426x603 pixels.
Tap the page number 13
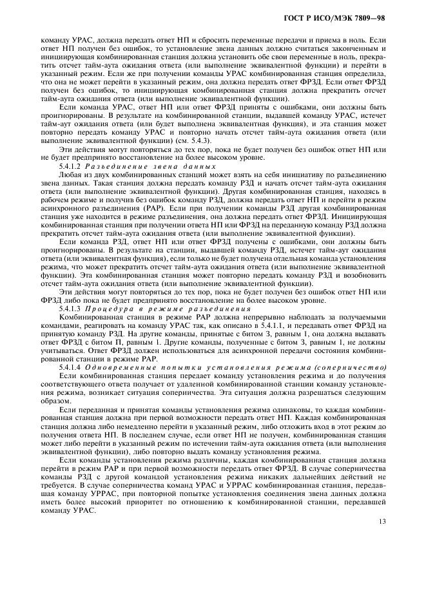pos(382,522)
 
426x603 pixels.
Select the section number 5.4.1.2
pos(71,166)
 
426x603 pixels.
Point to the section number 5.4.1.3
pos(71,309)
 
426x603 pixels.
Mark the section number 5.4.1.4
pos(71,366)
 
